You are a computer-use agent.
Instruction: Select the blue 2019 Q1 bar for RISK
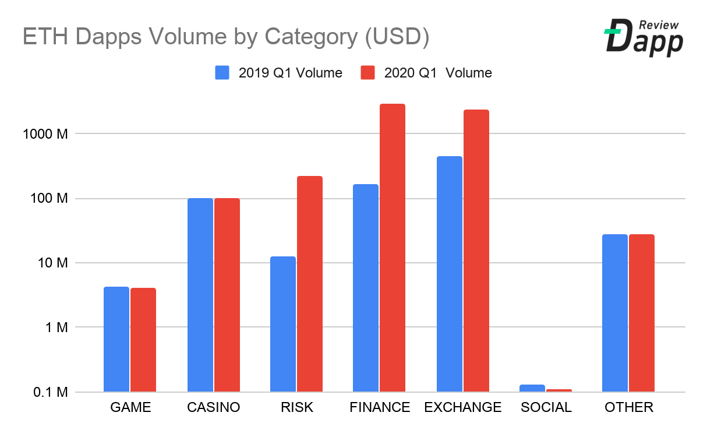(283, 324)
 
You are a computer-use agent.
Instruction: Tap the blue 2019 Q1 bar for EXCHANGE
(449, 274)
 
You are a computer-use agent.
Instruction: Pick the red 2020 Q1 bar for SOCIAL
(559, 390)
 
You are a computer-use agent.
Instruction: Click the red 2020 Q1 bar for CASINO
(227, 295)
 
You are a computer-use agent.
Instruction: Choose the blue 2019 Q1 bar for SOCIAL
(532, 388)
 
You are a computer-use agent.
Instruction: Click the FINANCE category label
(380, 407)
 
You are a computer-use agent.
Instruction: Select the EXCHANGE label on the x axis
(463, 407)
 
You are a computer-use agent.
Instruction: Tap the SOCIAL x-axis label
(546, 407)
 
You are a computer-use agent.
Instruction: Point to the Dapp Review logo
(643, 37)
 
